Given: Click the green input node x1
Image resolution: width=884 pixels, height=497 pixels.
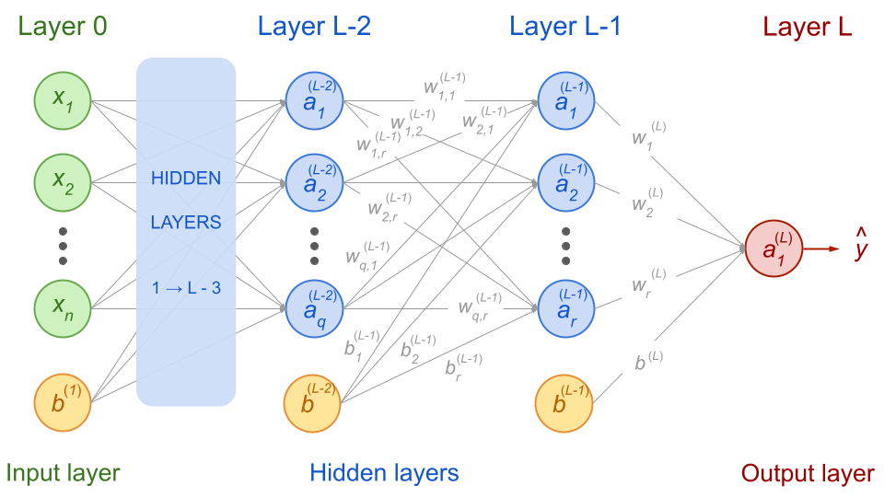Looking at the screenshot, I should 64,100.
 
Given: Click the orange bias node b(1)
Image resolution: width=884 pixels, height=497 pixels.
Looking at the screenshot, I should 64,403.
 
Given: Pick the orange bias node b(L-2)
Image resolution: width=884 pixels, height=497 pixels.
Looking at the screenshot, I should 314,403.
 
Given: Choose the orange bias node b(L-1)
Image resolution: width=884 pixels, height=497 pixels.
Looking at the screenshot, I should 564,403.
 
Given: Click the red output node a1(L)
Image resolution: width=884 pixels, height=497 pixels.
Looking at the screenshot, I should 774,248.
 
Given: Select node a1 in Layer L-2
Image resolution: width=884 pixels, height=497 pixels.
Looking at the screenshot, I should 314,100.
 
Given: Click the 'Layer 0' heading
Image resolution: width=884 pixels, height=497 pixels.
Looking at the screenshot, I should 64,27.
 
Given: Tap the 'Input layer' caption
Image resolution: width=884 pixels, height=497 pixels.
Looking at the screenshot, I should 64,474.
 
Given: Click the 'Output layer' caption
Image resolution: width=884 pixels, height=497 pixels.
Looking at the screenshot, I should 807,474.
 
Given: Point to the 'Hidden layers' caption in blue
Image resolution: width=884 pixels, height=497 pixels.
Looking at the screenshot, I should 384,474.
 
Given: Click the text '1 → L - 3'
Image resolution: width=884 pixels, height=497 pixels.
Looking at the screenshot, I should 186,288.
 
